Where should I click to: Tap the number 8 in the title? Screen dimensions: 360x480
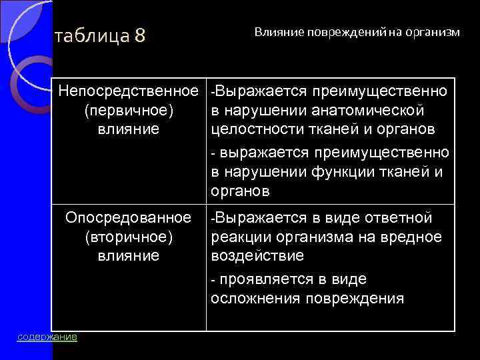pos(139,35)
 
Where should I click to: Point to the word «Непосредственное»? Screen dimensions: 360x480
pos(129,89)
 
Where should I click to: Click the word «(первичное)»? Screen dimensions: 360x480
pos(129,109)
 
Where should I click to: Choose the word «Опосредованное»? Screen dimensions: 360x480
pos(128,218)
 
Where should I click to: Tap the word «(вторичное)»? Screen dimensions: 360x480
pos(129,237)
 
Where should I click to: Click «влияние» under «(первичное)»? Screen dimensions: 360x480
pos(129,128)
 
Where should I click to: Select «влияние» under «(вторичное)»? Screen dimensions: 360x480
pos(129,255)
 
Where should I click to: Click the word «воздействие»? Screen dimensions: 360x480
pos(248,256)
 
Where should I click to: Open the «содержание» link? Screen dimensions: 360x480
pos(47,337)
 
